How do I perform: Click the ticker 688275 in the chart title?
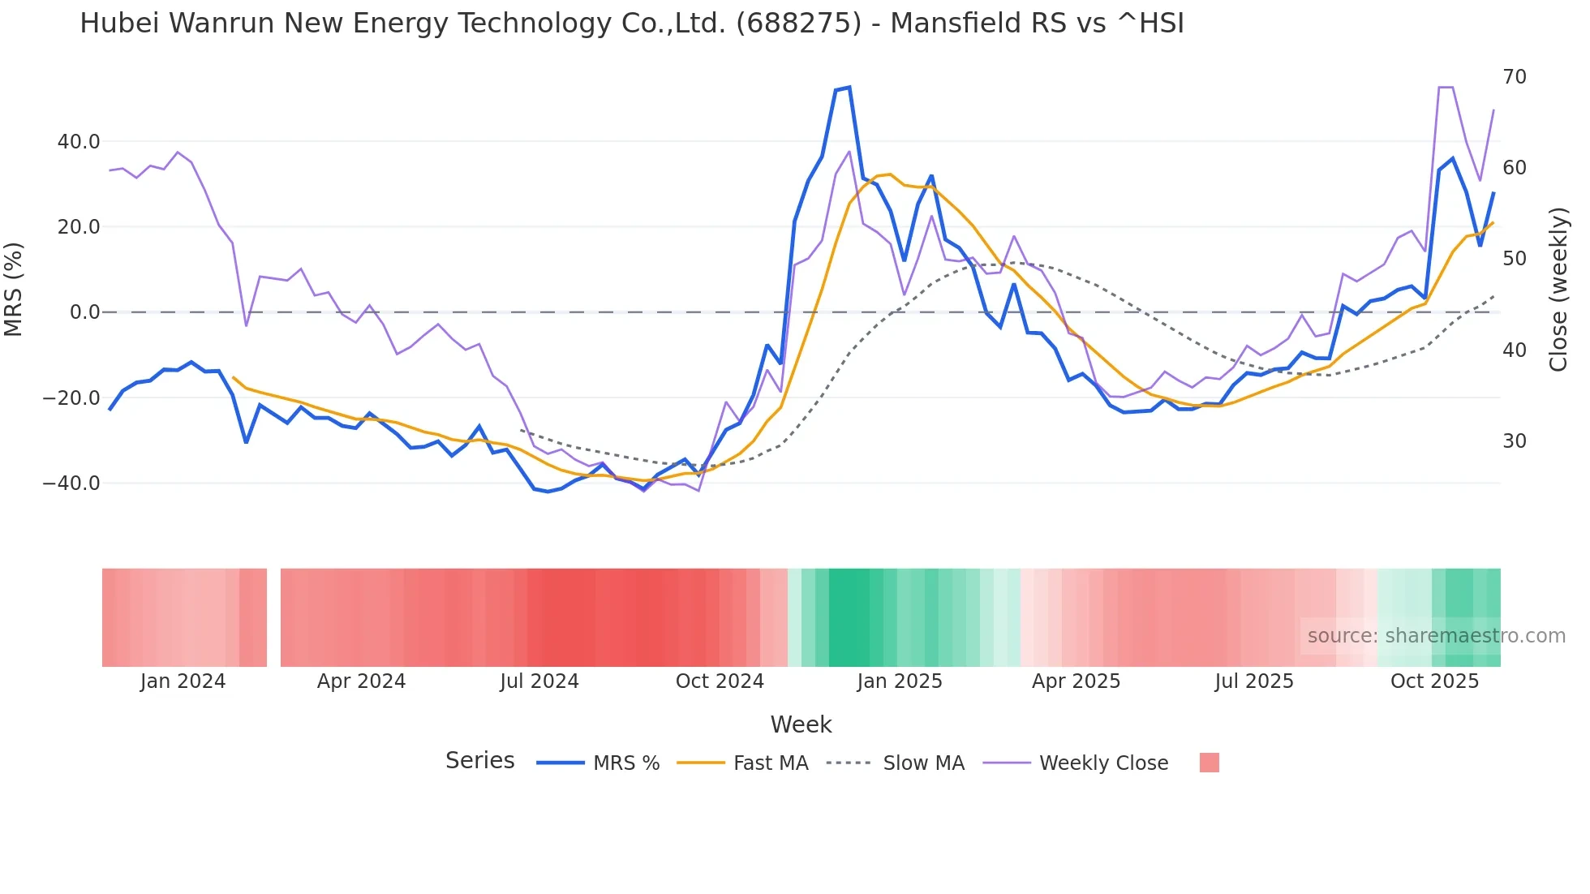coord(798,24)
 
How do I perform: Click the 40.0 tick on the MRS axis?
coord(79,142)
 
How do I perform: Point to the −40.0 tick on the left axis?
coord(72,484)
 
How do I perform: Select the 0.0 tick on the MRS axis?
coord(84,312)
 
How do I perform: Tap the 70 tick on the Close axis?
coord(1515,77)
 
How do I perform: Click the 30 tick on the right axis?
coord(1515,441)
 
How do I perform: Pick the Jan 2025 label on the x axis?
coord(900,681)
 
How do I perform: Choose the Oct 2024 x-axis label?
coord(720,681)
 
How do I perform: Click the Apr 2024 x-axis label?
coord(361,681)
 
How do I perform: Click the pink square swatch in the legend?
coord(1209,763)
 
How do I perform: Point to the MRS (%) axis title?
coord(14,290)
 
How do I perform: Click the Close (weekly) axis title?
coord(1558,290)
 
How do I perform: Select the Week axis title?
coord(801,724)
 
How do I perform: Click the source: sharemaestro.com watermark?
coord(1436,636)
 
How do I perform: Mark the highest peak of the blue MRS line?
coord(849,87)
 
